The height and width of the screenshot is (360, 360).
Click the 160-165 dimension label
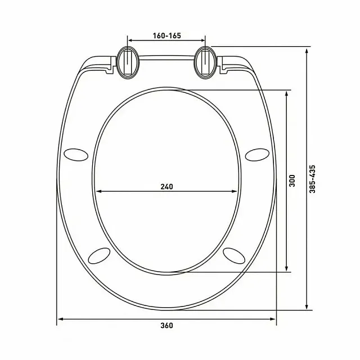[x=166, y=35]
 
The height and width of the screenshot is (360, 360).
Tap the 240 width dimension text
[x=166, y=186]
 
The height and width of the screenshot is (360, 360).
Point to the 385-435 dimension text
[x=313, y=179]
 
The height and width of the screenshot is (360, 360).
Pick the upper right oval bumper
[x=256, y=153]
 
